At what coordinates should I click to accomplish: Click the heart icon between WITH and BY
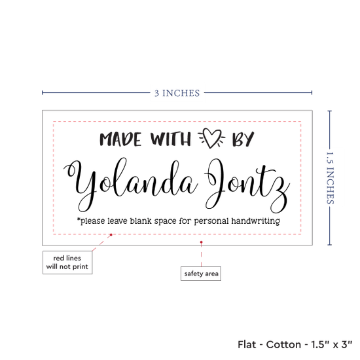pyautogui.click(x=211, y=138)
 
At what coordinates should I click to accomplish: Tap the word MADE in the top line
pyautogui.click(x=120, y=139)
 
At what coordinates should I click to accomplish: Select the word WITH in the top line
pyautogui.click(x=171, y=139)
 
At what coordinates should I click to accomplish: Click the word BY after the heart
pyautogui.click(x=243, y=139)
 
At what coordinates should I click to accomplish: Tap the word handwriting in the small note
pyautogui.click(x=255, y=221)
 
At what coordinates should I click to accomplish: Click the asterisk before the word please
pyautogui.click(x=79, y=219)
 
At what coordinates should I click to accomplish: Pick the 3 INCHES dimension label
pyautogui.click(x=177, y=93)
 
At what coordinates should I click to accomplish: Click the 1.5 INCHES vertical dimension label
pyautogui.click(x=330, y=178)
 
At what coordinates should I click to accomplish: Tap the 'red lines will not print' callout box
pyautogui.click(x=67, y=262)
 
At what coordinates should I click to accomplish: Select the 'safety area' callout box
pyautogui.click(x=201, y=274)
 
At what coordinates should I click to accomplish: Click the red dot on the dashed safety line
pyautogui.click(x=111, y=234)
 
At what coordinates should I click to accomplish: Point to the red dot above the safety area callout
pyautogui.click(x=201, y=242)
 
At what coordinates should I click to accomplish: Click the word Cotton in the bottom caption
pyautogui.click(x=283, y=344)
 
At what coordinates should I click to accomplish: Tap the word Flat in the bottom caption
pyautogui.click(x=247, y=344)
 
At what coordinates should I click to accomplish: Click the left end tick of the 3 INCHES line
pyautogui.click(x=43, y=93)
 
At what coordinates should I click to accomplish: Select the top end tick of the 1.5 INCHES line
pyautogui.click(x=330, y=111)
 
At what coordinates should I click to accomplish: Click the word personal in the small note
pyautogui.click(x=211, y=221)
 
